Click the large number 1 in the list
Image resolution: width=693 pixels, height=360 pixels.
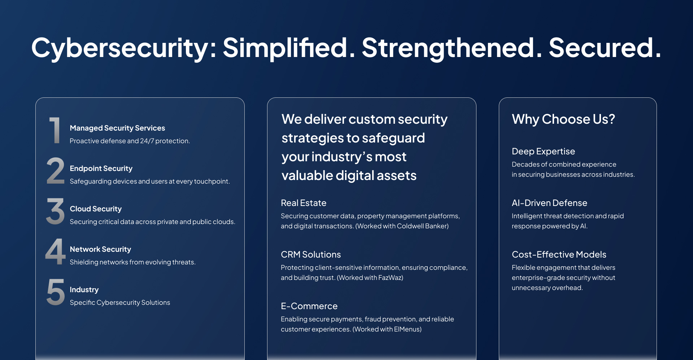coord(55,130)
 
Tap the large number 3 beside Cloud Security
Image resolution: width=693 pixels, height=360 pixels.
coord(55,211)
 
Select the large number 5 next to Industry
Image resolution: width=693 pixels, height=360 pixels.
coord(56,292)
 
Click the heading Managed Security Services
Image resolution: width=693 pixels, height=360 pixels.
coord(117,128)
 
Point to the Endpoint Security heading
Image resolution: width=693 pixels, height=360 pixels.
coord(101,168)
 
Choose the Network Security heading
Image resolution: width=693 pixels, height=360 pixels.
coord(100,249)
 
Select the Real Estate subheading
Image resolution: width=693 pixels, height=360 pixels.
coord(304,203)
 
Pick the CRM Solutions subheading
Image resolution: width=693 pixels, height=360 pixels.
coord(311,255)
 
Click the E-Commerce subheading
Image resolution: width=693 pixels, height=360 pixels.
coord(309,306)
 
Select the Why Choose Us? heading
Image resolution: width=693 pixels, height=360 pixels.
coord(563,119)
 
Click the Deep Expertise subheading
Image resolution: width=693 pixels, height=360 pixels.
coord(543,152)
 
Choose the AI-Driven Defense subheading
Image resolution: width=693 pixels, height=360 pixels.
coord(549,203)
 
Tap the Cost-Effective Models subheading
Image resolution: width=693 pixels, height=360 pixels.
coord(559,255)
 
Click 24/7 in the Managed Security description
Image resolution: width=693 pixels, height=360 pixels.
coord(147,141)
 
